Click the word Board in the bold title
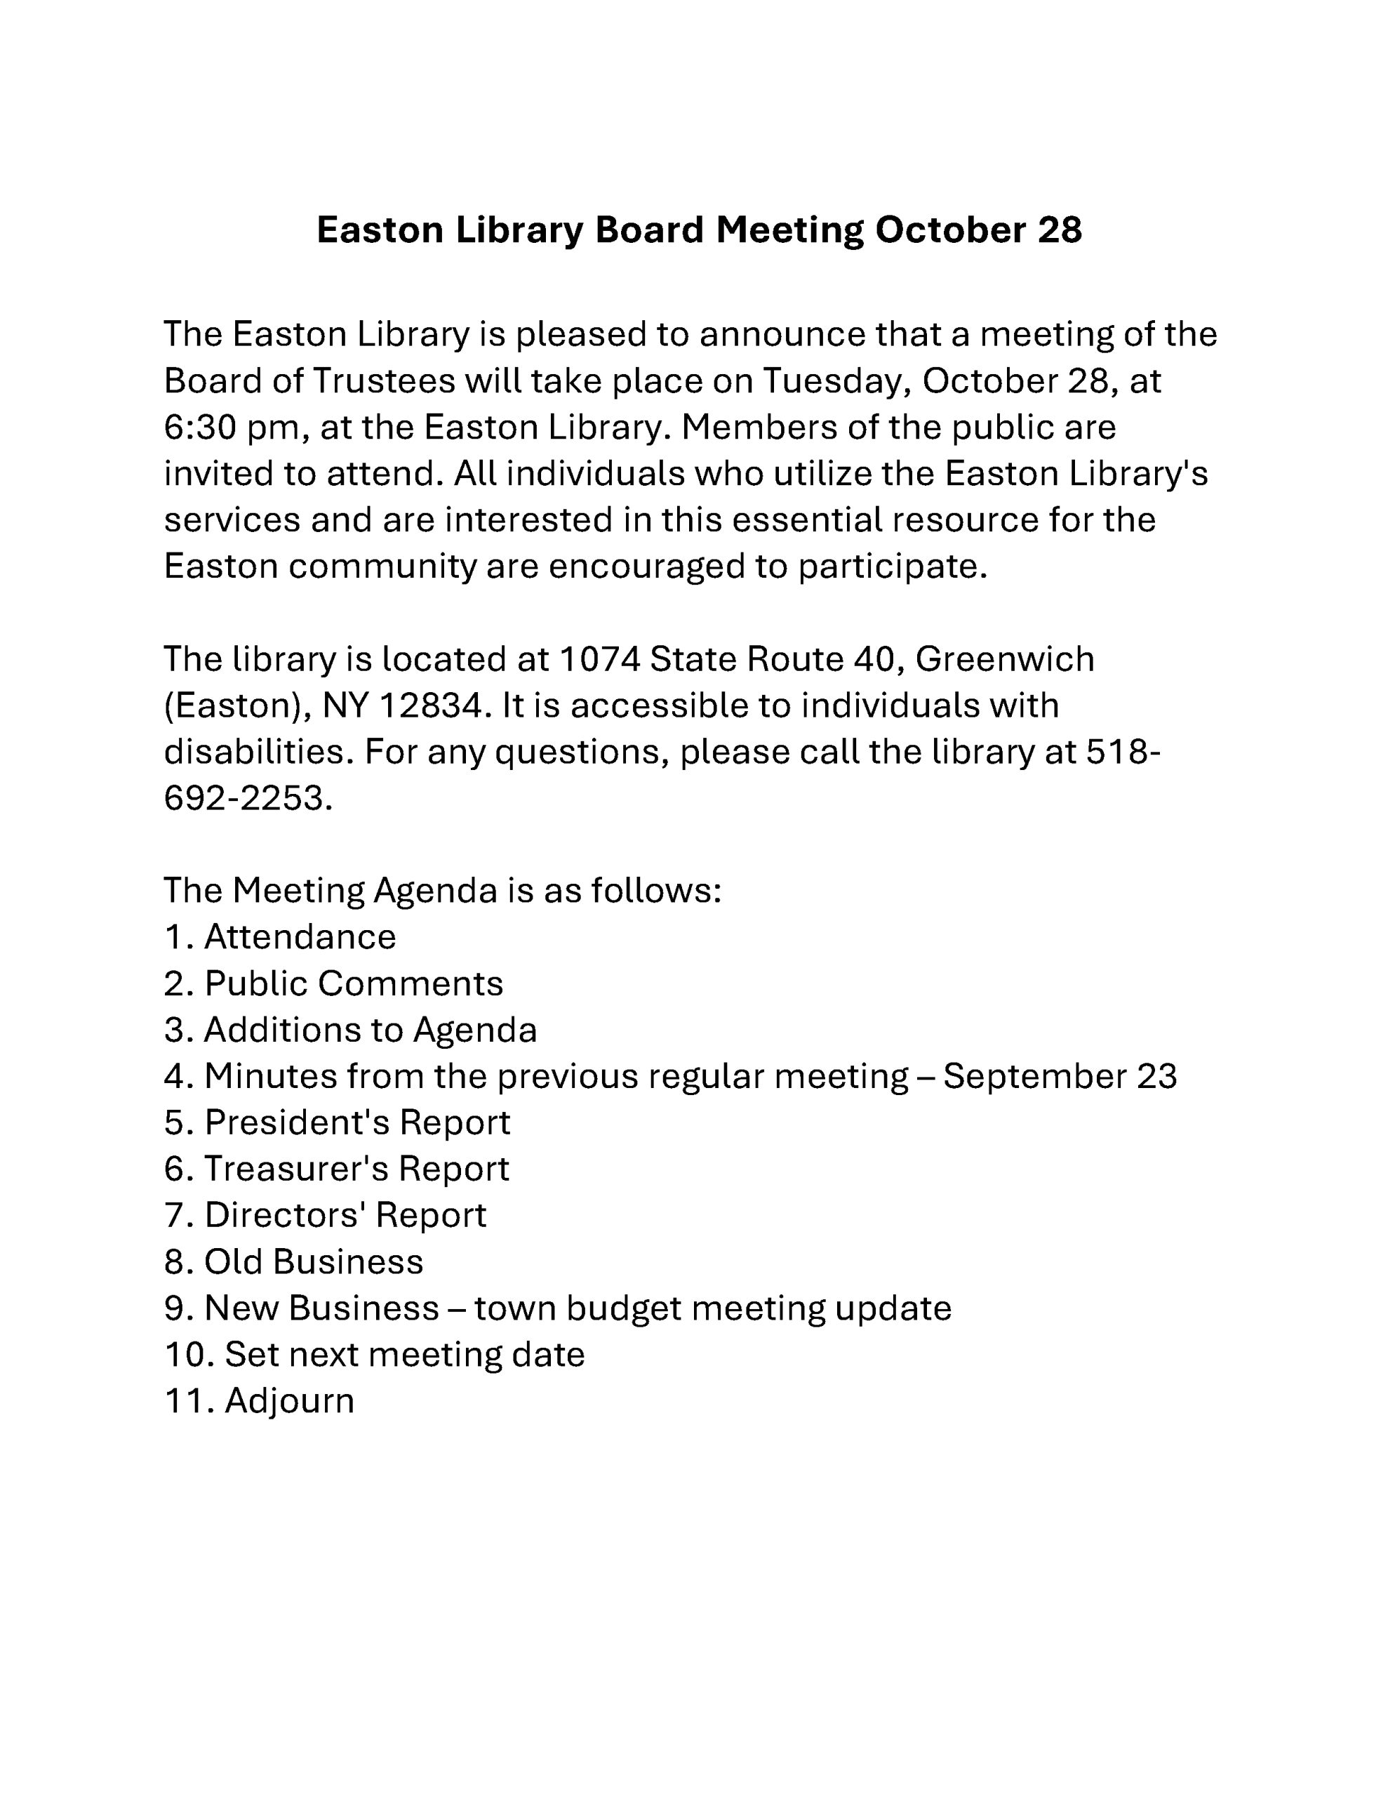(648, 230)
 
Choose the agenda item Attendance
(300, 937)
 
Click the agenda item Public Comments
(354, 984)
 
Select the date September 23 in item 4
(1060, 1076)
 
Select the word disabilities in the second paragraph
(258, 752)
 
